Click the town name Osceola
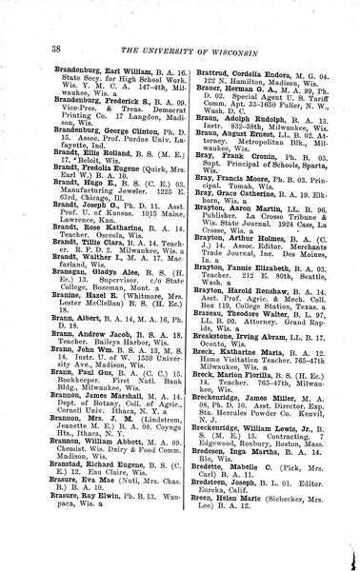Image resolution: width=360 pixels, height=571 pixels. tap(90, 319)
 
